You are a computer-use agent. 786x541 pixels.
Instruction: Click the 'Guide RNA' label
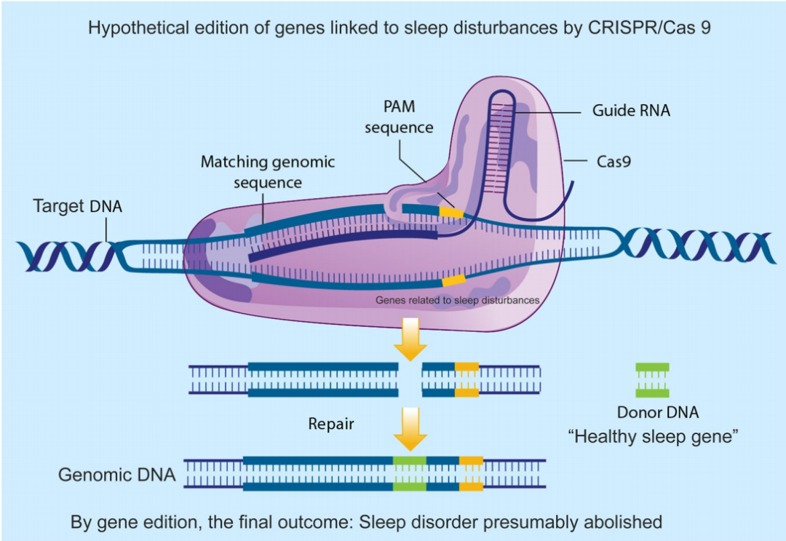(631, 111)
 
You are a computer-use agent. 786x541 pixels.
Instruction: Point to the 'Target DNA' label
(78, 206)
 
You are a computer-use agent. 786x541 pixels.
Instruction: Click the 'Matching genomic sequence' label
(268, 171)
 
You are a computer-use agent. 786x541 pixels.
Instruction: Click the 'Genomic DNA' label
(117, 475)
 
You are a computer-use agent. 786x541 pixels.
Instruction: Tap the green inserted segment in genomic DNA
(409, 474)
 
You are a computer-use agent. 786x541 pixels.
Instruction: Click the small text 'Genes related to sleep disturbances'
(457, 299)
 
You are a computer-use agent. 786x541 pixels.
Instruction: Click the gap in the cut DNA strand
(410, 379)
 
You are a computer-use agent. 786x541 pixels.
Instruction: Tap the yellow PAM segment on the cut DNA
(467, 379)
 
